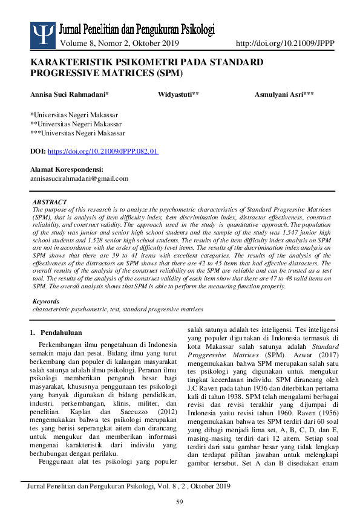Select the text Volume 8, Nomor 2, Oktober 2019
[119, 43]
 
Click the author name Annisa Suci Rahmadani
[69, 95]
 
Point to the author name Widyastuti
[178, 95]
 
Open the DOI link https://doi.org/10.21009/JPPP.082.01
[103, 152]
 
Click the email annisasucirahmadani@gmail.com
[79, 178]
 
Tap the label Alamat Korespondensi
[67, 169]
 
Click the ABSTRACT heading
[50, 202]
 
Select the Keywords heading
[45, 301]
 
